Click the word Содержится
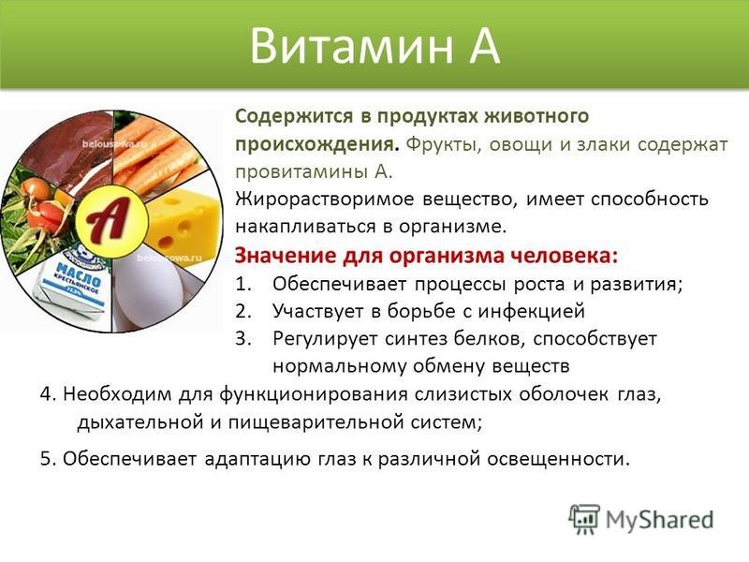(x=291, y=117)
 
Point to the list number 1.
(x=242, y=284)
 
